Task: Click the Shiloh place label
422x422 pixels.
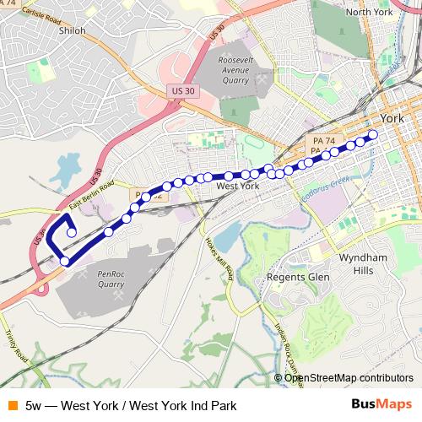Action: point(73,29)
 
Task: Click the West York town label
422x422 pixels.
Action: point(238,185)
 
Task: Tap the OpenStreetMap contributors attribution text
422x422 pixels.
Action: point(349,378)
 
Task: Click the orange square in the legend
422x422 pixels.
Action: point(10,405)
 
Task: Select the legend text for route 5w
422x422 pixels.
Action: point(130,405)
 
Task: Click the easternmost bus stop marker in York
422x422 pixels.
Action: point(373,133)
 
